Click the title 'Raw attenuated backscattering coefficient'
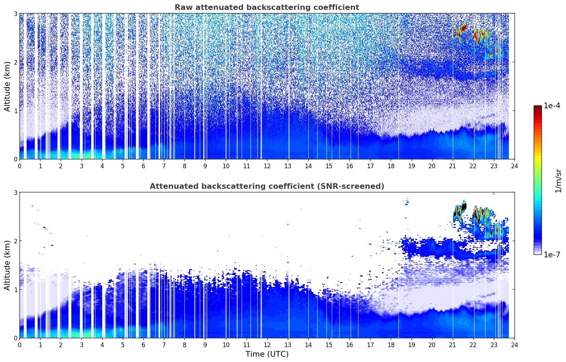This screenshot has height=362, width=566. (x=267, y=7)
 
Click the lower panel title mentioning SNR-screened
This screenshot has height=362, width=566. (x=267, y=186)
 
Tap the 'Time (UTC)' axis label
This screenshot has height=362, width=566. (x=267, y=354)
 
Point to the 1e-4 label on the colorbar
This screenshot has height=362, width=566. (x=552, y=106)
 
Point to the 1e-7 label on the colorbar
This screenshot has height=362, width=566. (x=552, y=254)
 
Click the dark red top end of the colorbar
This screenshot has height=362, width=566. (x=538, y=107)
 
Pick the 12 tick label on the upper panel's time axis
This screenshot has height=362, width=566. (x=267, y=166)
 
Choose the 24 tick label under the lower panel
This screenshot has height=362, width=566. (x=515, y=345)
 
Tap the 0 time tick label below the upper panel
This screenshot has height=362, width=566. (x=20, y=166)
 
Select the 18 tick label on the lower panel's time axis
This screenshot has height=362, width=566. (x=391, y=345)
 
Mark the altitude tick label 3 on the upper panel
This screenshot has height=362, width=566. (x=15, y=13)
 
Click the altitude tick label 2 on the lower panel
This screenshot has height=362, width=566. (x=15, y=241)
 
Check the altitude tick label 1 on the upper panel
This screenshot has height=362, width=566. (x=15, y=111)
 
